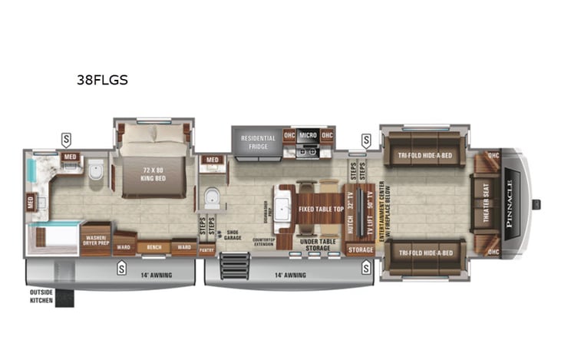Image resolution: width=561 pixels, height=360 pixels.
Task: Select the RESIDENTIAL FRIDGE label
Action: point(258,143)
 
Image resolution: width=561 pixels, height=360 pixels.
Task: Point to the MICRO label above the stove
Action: point(308,136)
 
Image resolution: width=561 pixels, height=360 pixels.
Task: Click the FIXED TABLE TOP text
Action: point(316,209)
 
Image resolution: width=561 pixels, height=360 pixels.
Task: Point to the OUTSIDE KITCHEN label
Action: point(42,296)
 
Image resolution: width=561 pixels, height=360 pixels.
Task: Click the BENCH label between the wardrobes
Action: point(153,248)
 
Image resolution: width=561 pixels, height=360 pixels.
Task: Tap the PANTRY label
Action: point(206,249)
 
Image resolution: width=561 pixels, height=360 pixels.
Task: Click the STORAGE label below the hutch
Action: point(360,249)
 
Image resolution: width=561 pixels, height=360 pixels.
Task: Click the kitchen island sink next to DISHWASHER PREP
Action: point(282,208)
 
